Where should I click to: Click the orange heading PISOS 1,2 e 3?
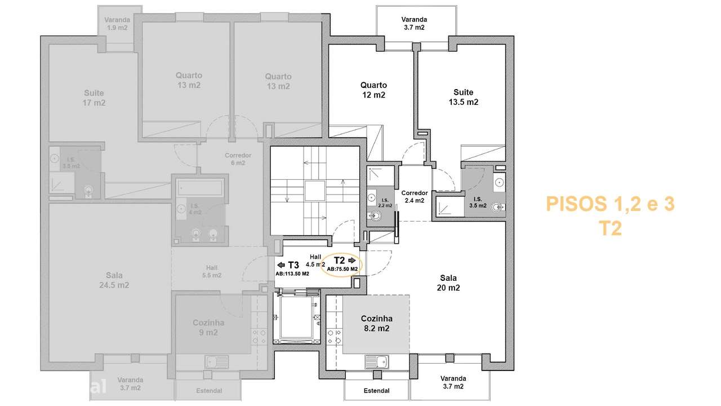pos(610,204)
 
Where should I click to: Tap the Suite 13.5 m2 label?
pos(464,97)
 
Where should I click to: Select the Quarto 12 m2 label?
pos(373,90)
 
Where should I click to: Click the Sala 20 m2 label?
pos(449,283)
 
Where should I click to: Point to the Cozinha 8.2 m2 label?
pos(376,323)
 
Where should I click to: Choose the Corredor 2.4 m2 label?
pos(415,196)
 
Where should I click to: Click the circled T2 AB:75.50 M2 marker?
pos(342,264)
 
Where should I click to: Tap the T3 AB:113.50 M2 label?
pos(292,268)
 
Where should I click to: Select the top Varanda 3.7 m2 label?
pos(417,23)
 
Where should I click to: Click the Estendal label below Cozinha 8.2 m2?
pos(377,391)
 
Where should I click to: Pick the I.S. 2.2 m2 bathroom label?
pos(385,203)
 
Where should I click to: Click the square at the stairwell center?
pos(315,191)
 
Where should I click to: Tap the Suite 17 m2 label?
pos(94,98)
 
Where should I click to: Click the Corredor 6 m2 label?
pos(238,159)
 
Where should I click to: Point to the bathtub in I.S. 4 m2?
pos(200,187)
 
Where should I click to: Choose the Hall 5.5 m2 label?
pos(212,271)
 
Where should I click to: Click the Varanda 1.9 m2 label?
pos(117,23)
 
